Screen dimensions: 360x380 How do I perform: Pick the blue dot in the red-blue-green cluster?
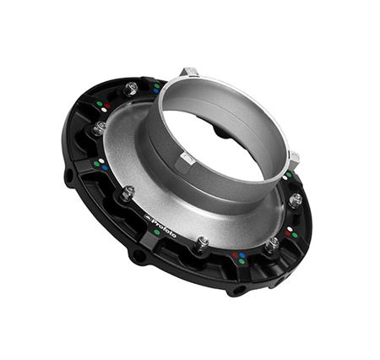pos(243,254)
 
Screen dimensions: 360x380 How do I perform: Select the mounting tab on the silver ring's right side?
pos(292,158)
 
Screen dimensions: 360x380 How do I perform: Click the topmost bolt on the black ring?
pos(132,88)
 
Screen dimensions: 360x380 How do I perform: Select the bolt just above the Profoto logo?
pos(127,194)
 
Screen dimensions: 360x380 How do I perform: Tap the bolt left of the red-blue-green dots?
pos(203,243)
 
